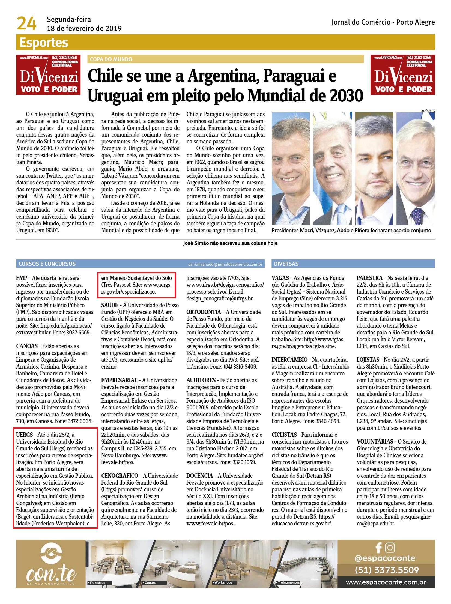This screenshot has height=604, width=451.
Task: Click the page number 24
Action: click(x=26, y=24)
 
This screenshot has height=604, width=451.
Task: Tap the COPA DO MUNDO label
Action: click(x=111, y=59)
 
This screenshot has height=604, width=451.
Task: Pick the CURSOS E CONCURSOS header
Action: click(x=47, y=264)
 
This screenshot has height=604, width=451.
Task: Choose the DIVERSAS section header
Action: click(x=286, y=264)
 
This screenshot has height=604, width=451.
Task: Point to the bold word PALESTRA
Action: click(x=369, y=278)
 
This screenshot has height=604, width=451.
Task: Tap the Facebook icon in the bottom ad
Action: click(x=378, y=548)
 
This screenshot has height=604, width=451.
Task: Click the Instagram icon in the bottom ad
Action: click(x=390, y=548)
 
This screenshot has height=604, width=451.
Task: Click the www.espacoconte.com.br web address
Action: click(x=386, y=582)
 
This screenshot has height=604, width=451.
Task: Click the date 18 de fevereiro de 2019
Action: click(x=84, y=28)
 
